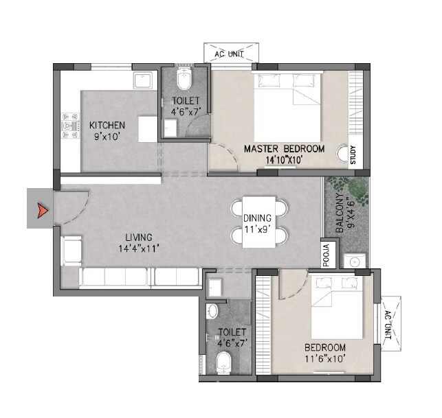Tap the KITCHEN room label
click(x=107, y=125)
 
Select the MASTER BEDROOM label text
click(x=284, y=148)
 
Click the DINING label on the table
click(x=257, y=218)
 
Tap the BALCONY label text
click(x=340, y=209)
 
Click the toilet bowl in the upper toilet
click(x=184, y=80)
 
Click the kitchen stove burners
click(x=69, y=125)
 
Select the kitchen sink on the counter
click(x=143, y=80)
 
